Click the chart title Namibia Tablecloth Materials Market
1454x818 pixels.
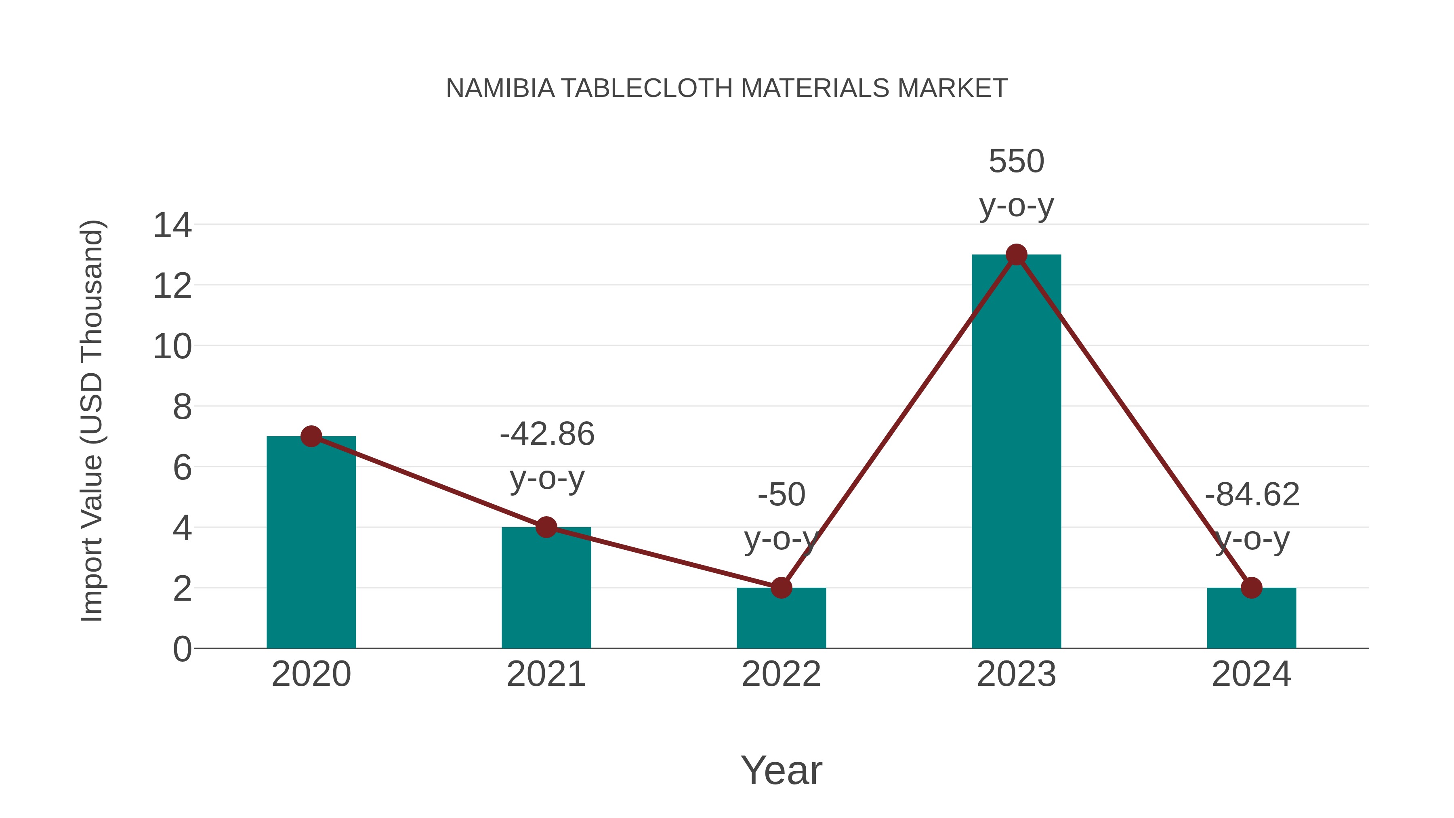click(x=727, y=88)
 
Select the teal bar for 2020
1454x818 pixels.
click(x=311, y=542)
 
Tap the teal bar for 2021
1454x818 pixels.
click(x=546, y=587)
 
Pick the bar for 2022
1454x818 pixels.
click(x=781, y=618)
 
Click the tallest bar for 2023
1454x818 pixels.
click(x=1016, y=452)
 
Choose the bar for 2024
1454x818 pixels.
click(x=1251, y=618)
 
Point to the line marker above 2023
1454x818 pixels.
click(x=1016, y=254)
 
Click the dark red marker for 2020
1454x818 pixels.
click(x=311, y=436)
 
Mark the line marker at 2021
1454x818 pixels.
click(x=546, y=527)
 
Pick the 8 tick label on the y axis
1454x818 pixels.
click(x=182, y=407)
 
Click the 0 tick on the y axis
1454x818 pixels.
click(x=182, y=649)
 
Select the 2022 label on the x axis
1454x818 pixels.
click(x=781, y=674)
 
